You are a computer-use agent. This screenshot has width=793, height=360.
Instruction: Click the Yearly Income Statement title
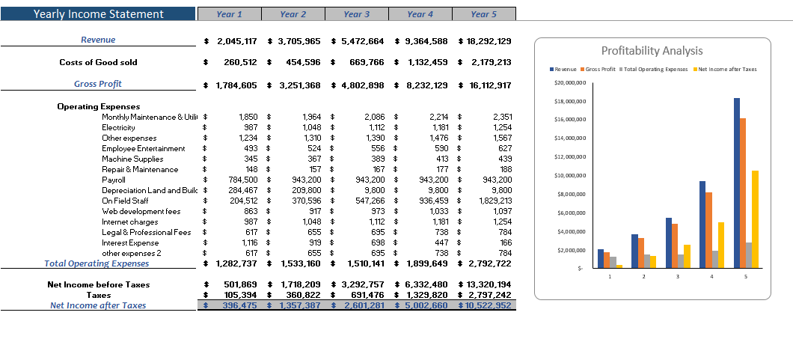[x=98, y=14]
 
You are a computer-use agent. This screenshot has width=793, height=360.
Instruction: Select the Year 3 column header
[x=357, y=14]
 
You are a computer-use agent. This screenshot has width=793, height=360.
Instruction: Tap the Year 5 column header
[x=483, y=14]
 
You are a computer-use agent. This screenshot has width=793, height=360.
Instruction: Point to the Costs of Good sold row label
[x=98, y=62]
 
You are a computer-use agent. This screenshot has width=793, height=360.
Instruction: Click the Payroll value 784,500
[x=242, y=180]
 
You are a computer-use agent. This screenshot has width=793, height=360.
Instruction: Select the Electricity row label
[x=118, y=127]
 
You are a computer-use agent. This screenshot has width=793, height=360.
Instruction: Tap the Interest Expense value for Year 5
[x=501, y=242]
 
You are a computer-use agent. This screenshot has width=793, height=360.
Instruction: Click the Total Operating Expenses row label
[x=97, y=263]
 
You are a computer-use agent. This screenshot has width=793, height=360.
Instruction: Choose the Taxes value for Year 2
[x=300, y=295]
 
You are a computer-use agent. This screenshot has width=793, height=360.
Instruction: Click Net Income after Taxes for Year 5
[x=487, y=305]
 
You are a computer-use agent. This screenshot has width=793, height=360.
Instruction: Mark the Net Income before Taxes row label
[x=103, y=284]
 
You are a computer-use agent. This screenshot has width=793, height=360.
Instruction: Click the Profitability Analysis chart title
[x=652, y=51]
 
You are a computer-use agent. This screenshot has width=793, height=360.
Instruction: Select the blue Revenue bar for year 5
[x=737, y=183]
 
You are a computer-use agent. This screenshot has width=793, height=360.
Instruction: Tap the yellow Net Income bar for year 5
[x=756, y=219]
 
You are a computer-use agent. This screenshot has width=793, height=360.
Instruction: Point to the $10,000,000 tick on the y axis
[x=570, y=175]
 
